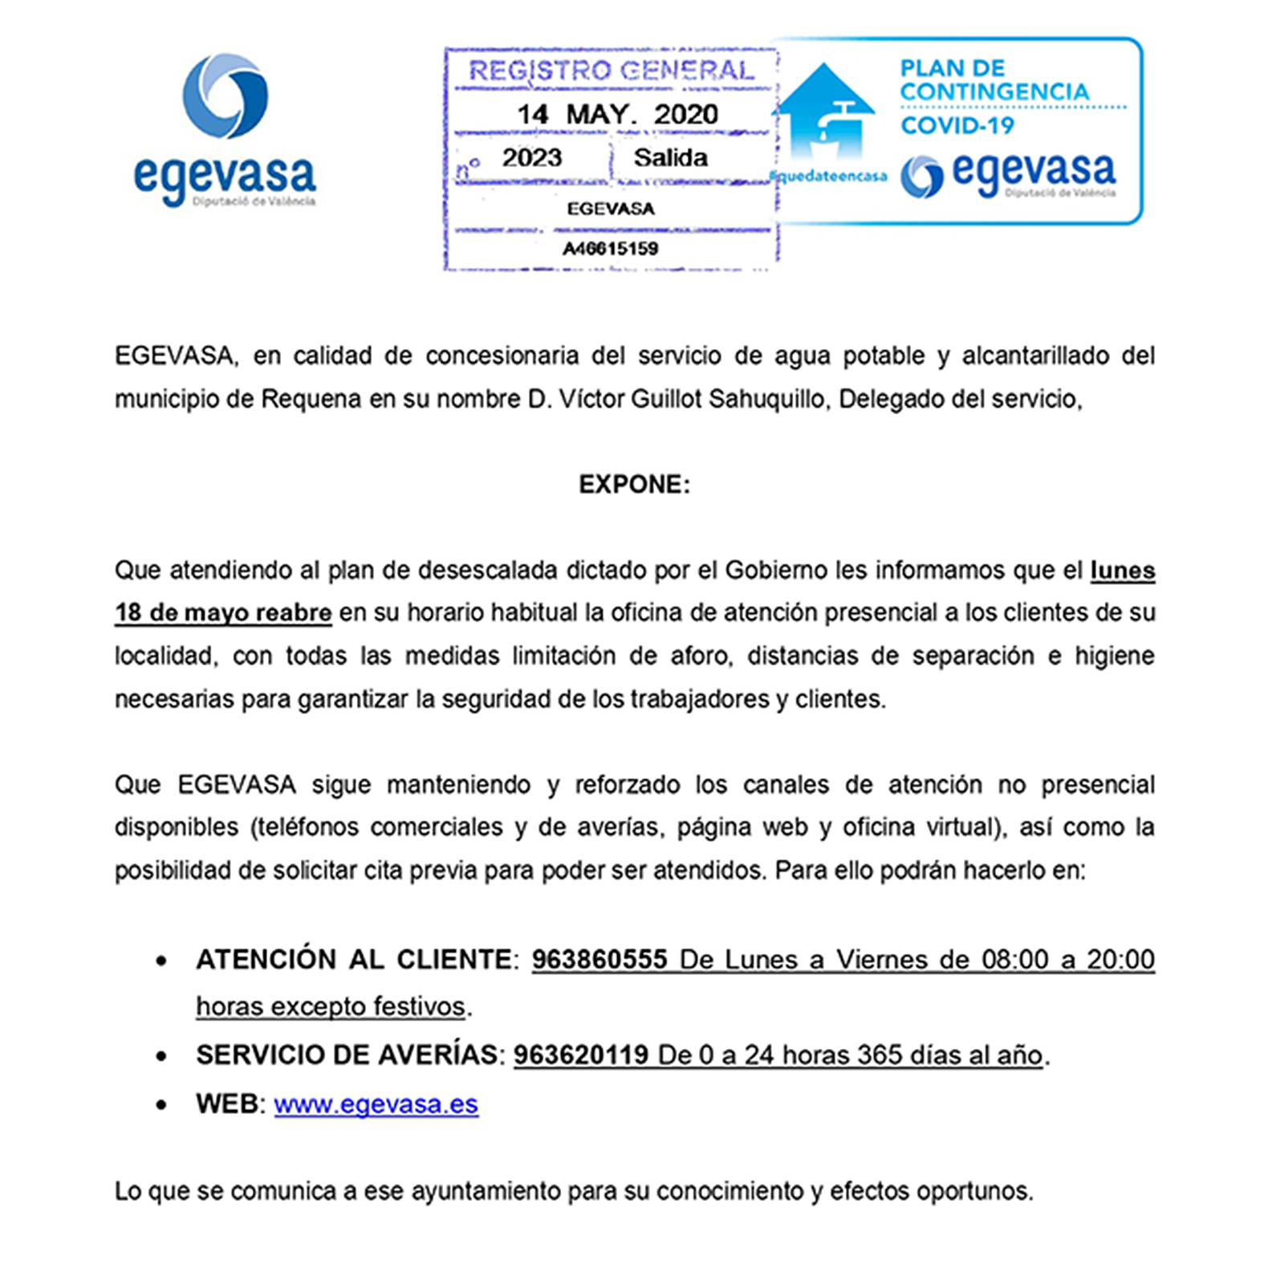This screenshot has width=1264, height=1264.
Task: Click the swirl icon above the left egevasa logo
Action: [x=225, y=96]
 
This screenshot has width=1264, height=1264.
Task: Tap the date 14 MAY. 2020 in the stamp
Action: [x=616, y=114]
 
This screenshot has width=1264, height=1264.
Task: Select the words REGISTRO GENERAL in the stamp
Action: [x=612, y=71]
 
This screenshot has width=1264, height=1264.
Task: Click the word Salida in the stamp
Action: [x=670, y=157]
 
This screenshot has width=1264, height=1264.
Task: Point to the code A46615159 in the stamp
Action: [x=610, y=249]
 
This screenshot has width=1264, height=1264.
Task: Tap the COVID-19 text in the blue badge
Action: [x=957, y=125]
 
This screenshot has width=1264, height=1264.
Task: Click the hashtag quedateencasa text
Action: [x=828, y=176]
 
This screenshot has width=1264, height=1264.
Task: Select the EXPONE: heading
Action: [x=634, y=485]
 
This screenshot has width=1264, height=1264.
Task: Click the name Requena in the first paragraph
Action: [x=311, y=399]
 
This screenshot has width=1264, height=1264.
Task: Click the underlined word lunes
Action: [x=1122, y=570]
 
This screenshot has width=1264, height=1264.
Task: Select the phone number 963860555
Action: [x=599, y=959]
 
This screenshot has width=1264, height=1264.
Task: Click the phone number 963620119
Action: [x=581, y=1055]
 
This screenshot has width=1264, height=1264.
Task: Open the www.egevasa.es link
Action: [x=376, y=1104]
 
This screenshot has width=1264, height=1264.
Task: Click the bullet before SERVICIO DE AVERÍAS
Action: [x=163, y=1056]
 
